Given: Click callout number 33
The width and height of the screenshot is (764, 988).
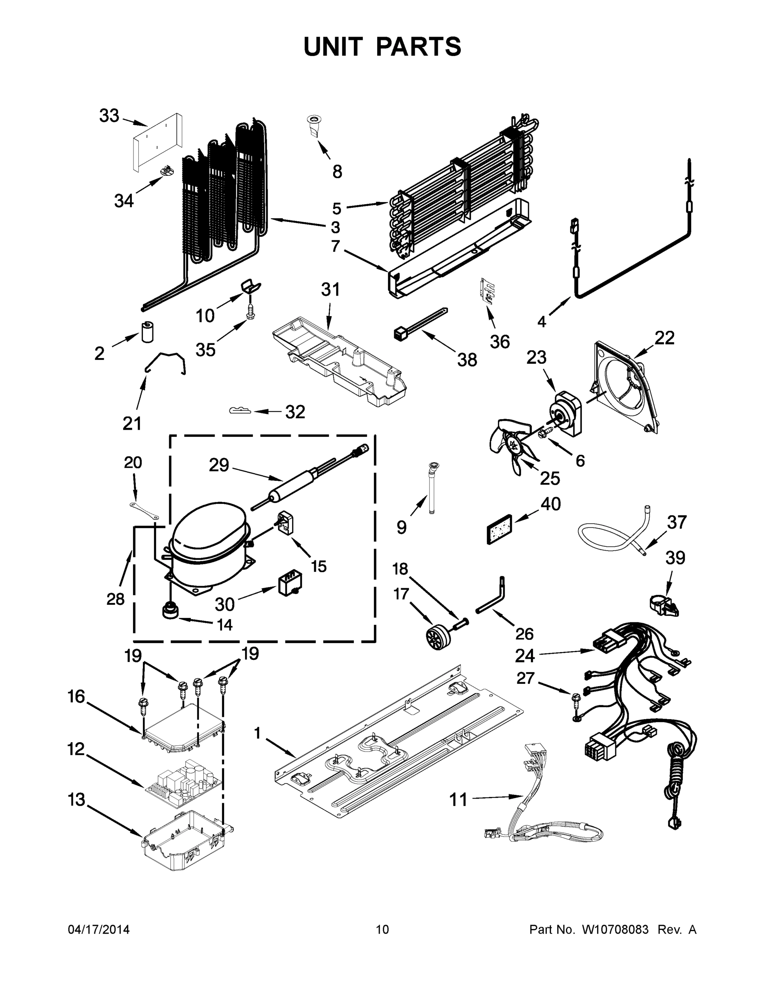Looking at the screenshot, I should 109,116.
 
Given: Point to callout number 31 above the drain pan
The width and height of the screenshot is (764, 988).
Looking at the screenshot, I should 330,289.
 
